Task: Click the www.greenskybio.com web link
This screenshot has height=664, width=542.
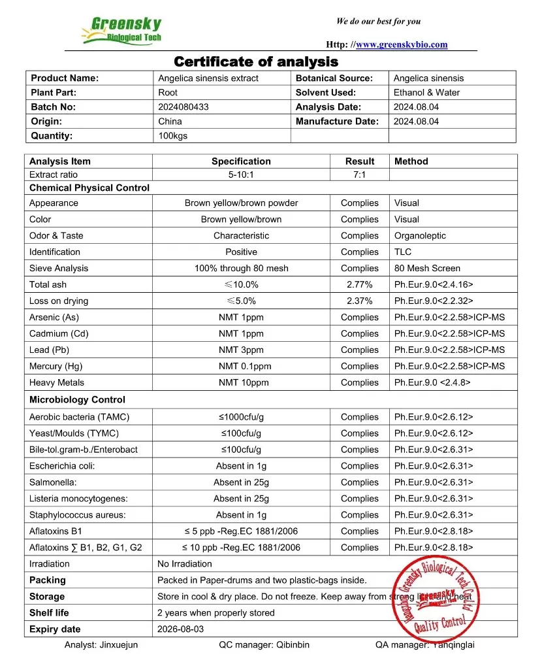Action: pyautogui.click(x=402, y=44)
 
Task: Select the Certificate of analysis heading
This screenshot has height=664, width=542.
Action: pyautogui.click(x=256, y=62)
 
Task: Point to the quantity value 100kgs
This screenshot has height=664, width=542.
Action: pyautogui.click(x=171, y=136)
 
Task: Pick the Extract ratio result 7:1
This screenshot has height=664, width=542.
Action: pyautogui.click(x=360, y=174)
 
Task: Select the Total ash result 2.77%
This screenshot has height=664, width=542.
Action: pyautogui.click(x=360, y=284)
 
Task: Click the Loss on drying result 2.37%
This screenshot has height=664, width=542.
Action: pyautogui.click(x=360, y=301)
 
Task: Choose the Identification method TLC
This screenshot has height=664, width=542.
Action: pyautogui.click(x=402, y=252)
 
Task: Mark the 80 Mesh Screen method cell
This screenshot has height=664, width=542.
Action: pyautogui.click(x=427, y=268)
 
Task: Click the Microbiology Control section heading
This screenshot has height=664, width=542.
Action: pyautogui.click(x=77, y=399)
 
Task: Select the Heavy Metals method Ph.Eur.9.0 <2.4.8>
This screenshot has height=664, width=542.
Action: pyautogui.click(x=432, y=382)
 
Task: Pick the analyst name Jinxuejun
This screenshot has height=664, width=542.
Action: pyautogui.click(x=119, y=645)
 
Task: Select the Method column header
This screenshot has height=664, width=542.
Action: pyautogui.click(x=411, y=161)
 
